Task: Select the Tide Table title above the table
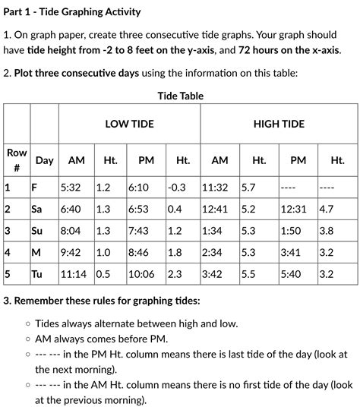[180, 96]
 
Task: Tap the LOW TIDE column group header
[129, 124]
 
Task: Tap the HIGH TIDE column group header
[279, 124]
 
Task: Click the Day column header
[44, 160]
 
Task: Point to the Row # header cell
[16, 159]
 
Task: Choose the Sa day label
[36, 209]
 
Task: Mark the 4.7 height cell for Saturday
[327, 209]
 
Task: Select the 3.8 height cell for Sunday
[327, 231]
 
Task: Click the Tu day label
[36, 274]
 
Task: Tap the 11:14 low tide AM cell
[73, 274]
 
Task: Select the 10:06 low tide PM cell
[142, 274]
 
